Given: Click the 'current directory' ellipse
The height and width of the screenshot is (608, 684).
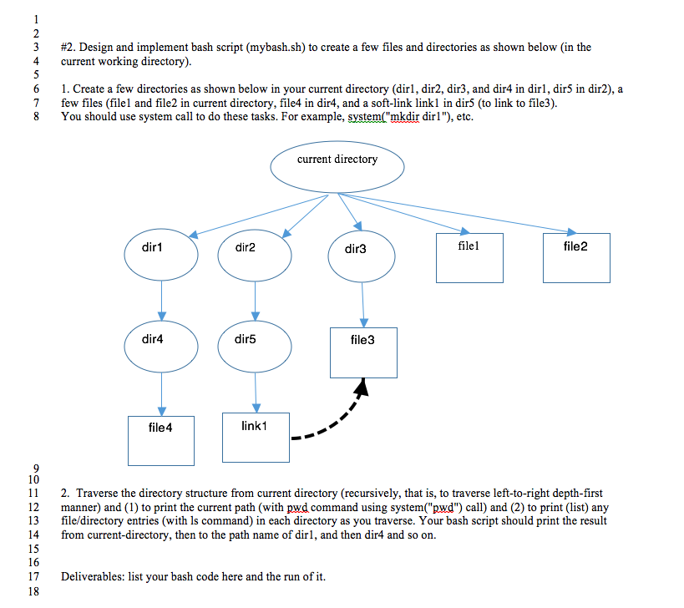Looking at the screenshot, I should (337, 166).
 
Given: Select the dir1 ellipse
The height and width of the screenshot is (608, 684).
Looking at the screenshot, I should (161, 248).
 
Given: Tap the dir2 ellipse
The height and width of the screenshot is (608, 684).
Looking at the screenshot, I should (255, 248).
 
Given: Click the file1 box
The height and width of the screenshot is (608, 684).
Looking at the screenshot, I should (469, 257).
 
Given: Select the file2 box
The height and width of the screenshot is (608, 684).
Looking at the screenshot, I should (575, 257).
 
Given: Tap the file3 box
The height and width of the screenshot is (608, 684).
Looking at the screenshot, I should (363, 352).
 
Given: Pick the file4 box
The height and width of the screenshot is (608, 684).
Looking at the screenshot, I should (161, 439).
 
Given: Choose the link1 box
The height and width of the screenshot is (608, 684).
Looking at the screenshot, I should (256, 437).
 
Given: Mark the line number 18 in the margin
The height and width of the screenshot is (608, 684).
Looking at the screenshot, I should (33, 591).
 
